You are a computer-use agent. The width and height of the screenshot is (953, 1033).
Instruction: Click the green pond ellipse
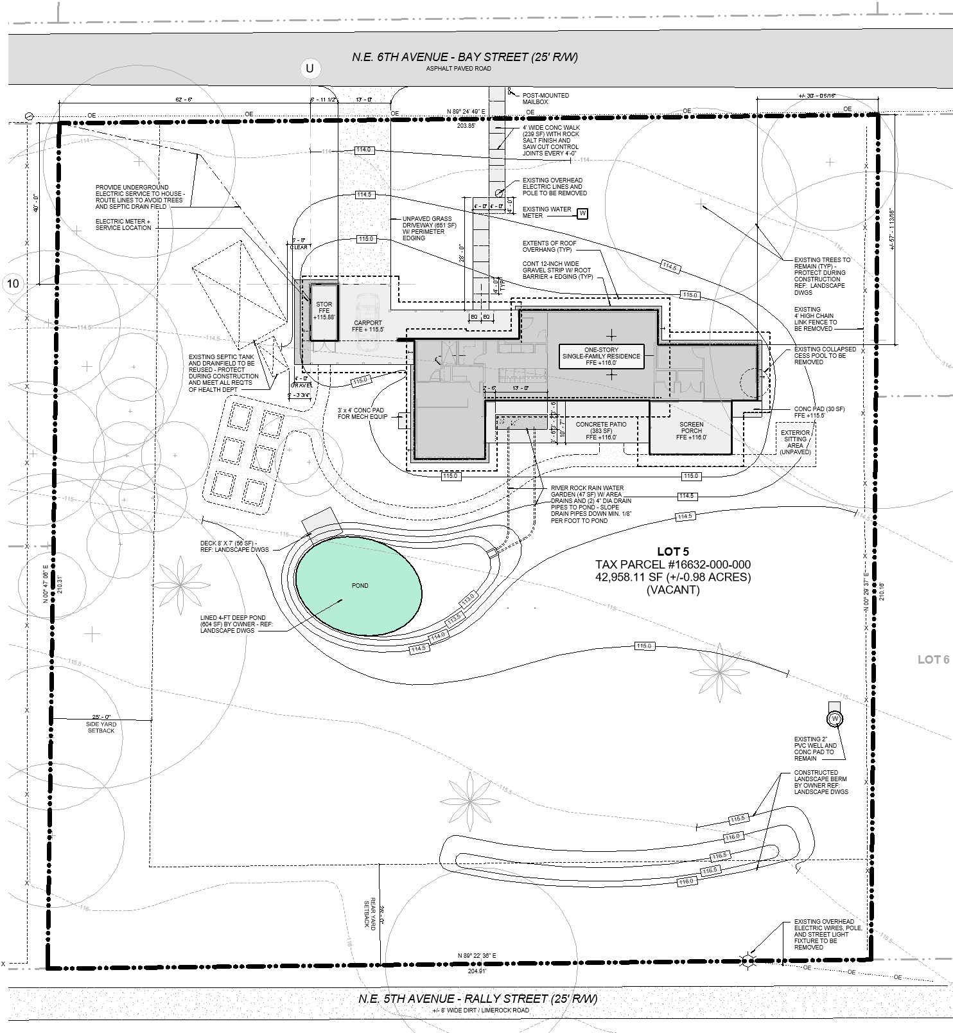[x=358, y=585]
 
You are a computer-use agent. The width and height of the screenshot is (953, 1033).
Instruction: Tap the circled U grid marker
[x=310, y=68]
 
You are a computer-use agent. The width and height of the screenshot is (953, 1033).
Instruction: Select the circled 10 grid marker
[x=14, y=283]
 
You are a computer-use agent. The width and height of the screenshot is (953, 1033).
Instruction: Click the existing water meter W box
[x=583, y=213]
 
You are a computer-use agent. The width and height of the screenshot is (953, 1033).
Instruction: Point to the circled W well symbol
[x=835, y=718]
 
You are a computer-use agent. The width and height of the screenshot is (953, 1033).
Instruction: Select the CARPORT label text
[x=368, y=326]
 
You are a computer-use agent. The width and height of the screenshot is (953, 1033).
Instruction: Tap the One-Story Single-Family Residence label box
[x=601, y=356]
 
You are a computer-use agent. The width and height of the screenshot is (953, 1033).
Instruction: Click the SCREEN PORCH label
[x=691, y=430]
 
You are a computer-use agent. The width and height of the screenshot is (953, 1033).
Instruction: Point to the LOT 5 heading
[x=672, y=551]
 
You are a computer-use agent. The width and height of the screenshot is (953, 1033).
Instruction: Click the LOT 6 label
[x=932, y=660]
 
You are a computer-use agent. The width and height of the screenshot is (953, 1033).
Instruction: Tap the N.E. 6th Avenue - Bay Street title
[x=465, y=57]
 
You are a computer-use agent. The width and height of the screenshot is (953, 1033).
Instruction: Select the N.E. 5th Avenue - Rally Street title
[x=478, y=999]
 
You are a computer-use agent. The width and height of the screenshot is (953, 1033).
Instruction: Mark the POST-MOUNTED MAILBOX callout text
[x=545, y=98]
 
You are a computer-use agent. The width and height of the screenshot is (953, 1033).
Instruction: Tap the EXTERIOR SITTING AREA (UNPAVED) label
[x=795, y=443]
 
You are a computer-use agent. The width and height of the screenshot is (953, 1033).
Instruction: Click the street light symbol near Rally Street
[x=748, y=962]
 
